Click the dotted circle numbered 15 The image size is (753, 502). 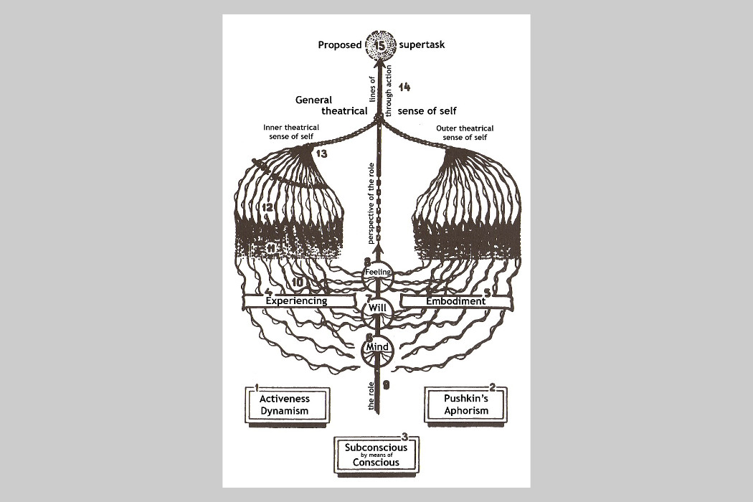click(x=380, y=45)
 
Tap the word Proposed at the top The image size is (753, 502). click(x=339, y=44)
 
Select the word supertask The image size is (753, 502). click(x=422, y=44)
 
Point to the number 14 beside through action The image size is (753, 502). click(x=404, y=87)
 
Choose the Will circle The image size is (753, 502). click(x=377, y=310)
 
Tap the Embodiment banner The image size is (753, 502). click(x=455, y=301)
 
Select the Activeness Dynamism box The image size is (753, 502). click(x=287, y=405)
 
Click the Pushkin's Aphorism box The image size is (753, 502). click(x=466, y=404)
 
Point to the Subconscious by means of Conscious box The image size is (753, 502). click(x=376, y=455)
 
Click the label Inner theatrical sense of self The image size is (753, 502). click(x=291, y=132)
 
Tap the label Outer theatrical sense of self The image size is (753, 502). click(x=465, y=133)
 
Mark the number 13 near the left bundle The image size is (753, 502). click(x=321, y=153)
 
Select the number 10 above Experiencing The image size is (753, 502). click(x=298, y=283)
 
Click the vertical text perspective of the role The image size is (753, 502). click(x=371, y=204)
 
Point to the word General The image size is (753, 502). click(x=313, y=100)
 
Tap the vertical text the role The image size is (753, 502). click(x=371, y=397)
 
